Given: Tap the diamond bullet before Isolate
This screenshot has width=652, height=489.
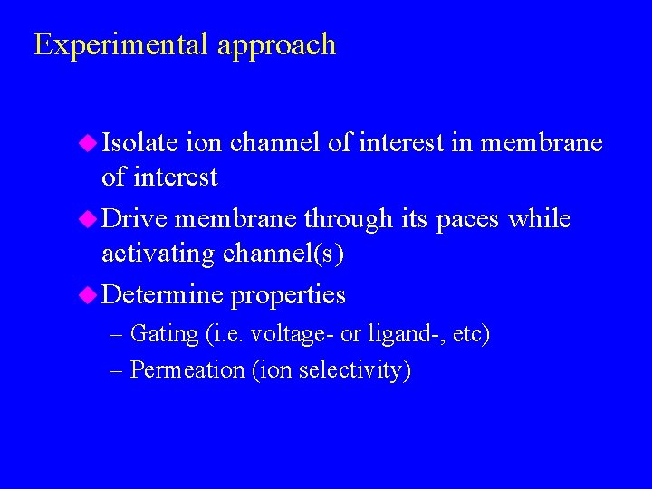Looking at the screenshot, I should (x=89, y=142).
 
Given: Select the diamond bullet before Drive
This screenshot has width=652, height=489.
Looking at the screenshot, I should (x=89, y=218).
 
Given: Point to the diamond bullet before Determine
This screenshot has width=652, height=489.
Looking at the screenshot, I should (x=89, y=294).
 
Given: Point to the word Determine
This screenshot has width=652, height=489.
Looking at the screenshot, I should (x=162, y=294).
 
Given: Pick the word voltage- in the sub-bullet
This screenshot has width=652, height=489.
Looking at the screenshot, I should (x=290, y=334).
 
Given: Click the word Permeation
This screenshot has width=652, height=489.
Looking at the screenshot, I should (x=187, y=369).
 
